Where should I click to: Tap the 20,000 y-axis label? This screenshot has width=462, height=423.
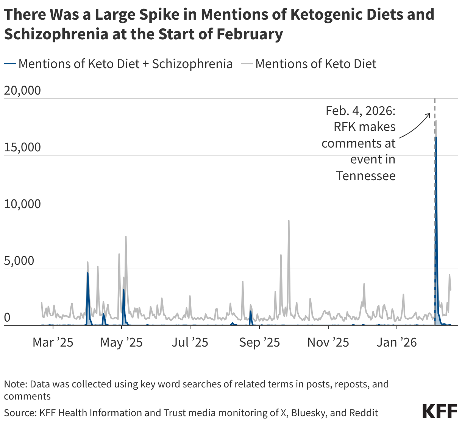click(22, 91)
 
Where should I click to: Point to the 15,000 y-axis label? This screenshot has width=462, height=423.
click(22, 147)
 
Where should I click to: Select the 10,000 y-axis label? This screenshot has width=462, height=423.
click(22, 204)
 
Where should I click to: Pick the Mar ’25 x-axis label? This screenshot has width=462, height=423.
click(53, 342)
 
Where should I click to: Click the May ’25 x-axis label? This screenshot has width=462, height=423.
click(122, 342)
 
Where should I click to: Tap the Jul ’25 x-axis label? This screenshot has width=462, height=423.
click(190, 342)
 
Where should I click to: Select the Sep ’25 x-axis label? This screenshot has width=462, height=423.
click(260, 342)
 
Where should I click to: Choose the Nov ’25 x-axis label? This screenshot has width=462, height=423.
click(328, 342)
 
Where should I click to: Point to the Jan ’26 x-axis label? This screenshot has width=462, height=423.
click(396, 342)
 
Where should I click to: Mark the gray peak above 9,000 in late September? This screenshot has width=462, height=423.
click(289, 221)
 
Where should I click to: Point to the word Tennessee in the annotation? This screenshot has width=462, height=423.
click(365, 176)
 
